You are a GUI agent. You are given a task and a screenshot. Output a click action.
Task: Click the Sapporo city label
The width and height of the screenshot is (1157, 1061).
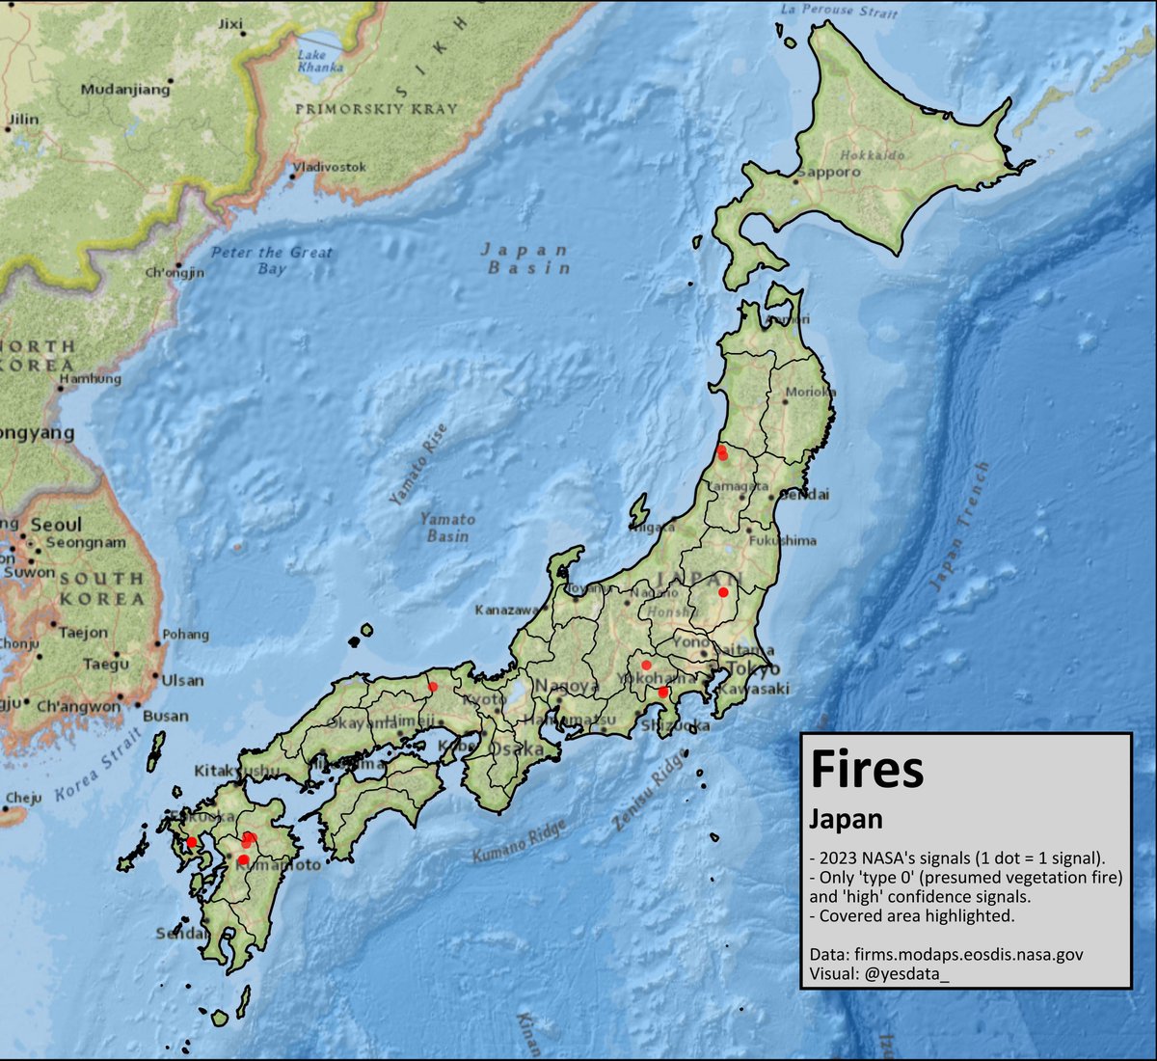pos(829,172)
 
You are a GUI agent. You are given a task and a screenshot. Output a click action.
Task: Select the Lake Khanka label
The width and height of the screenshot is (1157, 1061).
pos(321,62)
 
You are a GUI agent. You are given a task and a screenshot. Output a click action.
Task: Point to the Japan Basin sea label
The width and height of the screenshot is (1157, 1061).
pos(526,258)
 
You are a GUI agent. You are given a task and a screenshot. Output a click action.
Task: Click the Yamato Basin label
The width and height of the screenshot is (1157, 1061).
pos(447,527)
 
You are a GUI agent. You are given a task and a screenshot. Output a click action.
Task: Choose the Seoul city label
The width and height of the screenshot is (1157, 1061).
pos(56,525)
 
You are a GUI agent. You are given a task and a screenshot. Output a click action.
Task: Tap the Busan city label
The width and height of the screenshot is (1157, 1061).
pos(165,716)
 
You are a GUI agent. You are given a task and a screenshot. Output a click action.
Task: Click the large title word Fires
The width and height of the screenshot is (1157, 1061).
pos(867,769)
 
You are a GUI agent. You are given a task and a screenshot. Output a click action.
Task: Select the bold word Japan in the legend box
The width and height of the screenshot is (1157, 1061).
pos(846,819)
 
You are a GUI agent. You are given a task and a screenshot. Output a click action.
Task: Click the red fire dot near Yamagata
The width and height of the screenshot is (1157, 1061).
pos(722,452)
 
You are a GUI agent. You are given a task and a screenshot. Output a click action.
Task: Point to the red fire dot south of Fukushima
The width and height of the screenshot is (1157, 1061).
pos(723,592)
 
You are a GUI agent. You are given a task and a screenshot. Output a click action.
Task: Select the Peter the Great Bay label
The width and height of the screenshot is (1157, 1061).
pos(272,260)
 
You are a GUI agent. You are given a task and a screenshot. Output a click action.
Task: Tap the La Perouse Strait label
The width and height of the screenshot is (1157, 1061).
pos(838,11)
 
